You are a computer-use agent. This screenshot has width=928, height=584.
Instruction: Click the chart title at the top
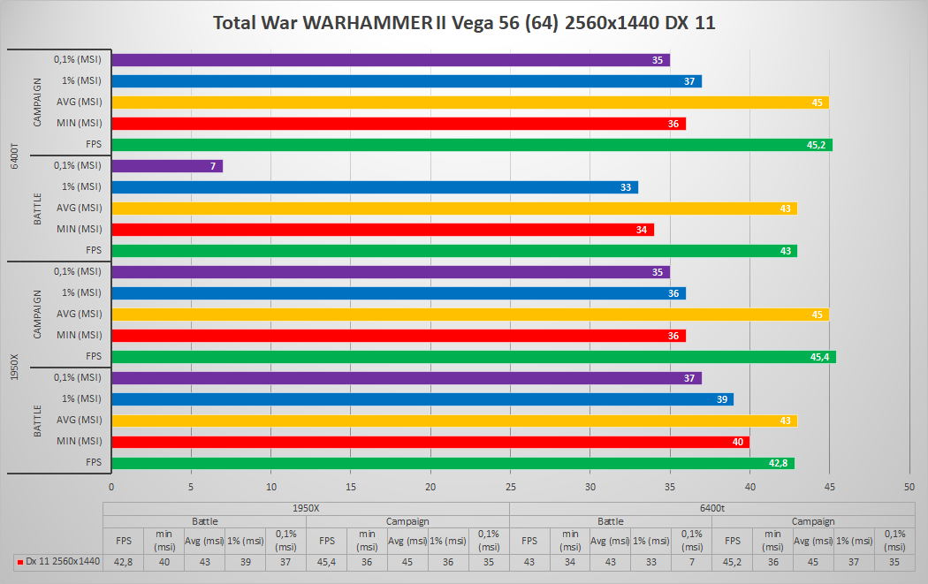(x=464, y=23)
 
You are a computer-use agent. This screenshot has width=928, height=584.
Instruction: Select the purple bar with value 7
(x=167, y=166)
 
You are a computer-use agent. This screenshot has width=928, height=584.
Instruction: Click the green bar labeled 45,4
(x=473, y=357)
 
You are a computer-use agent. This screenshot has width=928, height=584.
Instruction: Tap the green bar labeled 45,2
(x=471, y=145)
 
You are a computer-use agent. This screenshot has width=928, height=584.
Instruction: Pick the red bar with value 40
(x=430, y=442)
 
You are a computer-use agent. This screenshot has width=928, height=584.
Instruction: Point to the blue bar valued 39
(x=422, y=399)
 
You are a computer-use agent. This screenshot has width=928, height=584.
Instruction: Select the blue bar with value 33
(x=374, y=187)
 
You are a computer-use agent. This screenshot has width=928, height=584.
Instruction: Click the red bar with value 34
(x=382, y=230)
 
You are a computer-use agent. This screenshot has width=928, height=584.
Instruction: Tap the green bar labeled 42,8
(x=453, y=463)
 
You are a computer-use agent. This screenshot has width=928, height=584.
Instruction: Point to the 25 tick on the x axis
(x=510, y=486)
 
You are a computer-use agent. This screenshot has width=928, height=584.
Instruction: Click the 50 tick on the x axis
(x=909, y=486)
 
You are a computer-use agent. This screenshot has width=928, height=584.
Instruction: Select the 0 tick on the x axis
(x=111, y=486)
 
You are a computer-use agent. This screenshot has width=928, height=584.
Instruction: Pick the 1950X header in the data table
(x=306, y=508)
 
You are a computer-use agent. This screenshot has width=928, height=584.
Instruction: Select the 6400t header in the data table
(x=712, y=508)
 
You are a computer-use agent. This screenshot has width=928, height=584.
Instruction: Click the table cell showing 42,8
(x=124, y=560)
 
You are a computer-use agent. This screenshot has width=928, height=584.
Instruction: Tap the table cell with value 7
(x=691, y=560)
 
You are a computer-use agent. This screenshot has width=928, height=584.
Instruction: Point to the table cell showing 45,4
(x=326, y=560)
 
